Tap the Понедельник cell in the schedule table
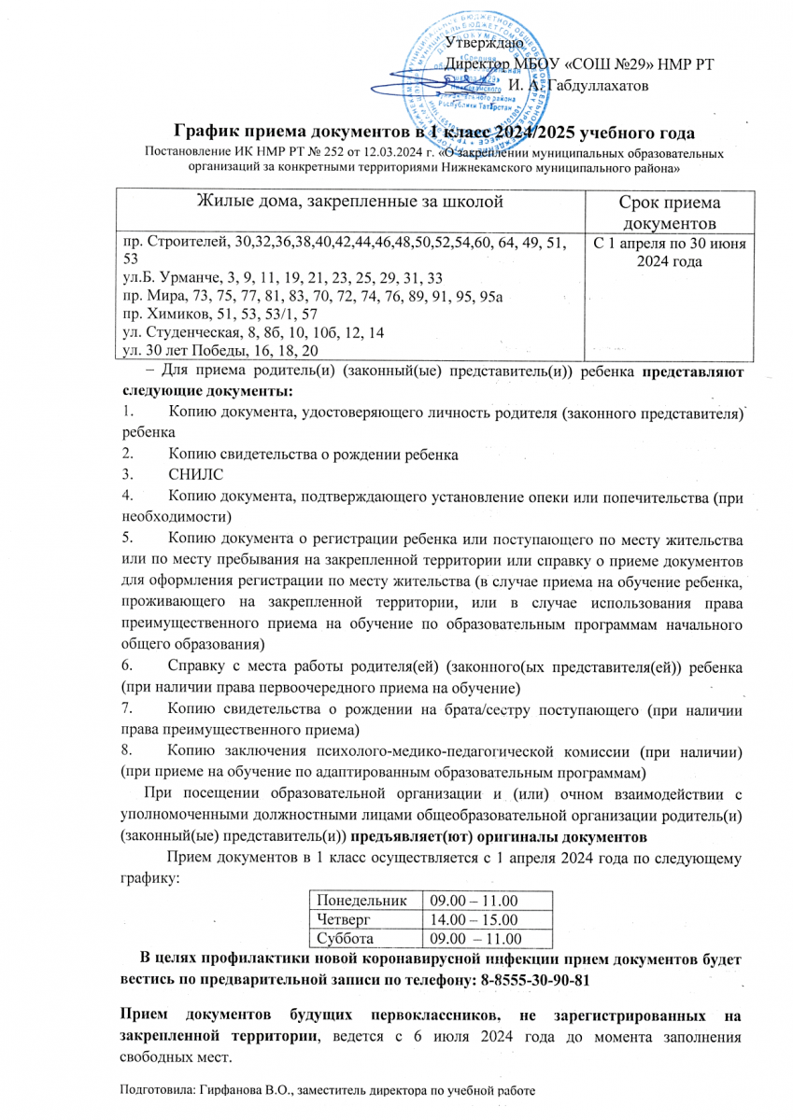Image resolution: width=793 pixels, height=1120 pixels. (x=362, y=901)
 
